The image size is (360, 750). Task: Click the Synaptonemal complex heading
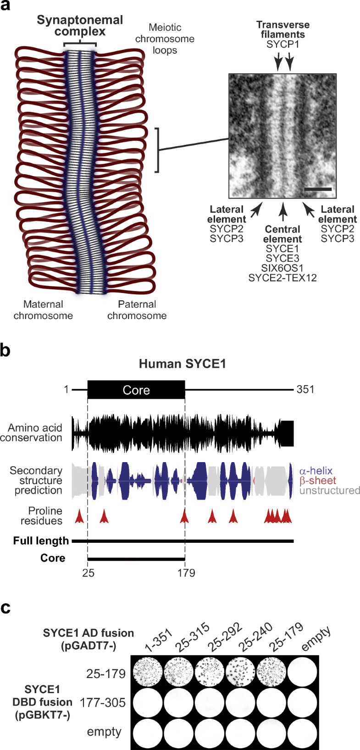pos(80,26)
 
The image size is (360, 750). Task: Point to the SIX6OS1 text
pos(282,268)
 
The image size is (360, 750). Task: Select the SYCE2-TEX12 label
pos(282,277)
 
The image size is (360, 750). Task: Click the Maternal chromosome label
pos(43,310)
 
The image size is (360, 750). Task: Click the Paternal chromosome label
pos(137,310)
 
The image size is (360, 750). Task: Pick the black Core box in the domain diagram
pos(136,390)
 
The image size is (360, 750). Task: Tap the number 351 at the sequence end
pos(305,390)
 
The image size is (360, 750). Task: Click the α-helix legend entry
pos(316,471)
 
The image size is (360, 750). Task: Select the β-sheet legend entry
pos(318,480)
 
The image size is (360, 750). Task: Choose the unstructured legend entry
pos(330,491)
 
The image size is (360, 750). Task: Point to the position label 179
pos(186,573)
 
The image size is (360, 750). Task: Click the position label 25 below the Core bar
pos(88,573)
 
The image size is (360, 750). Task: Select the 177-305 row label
pos(103,702)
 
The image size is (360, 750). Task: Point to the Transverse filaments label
pos(282,29)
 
